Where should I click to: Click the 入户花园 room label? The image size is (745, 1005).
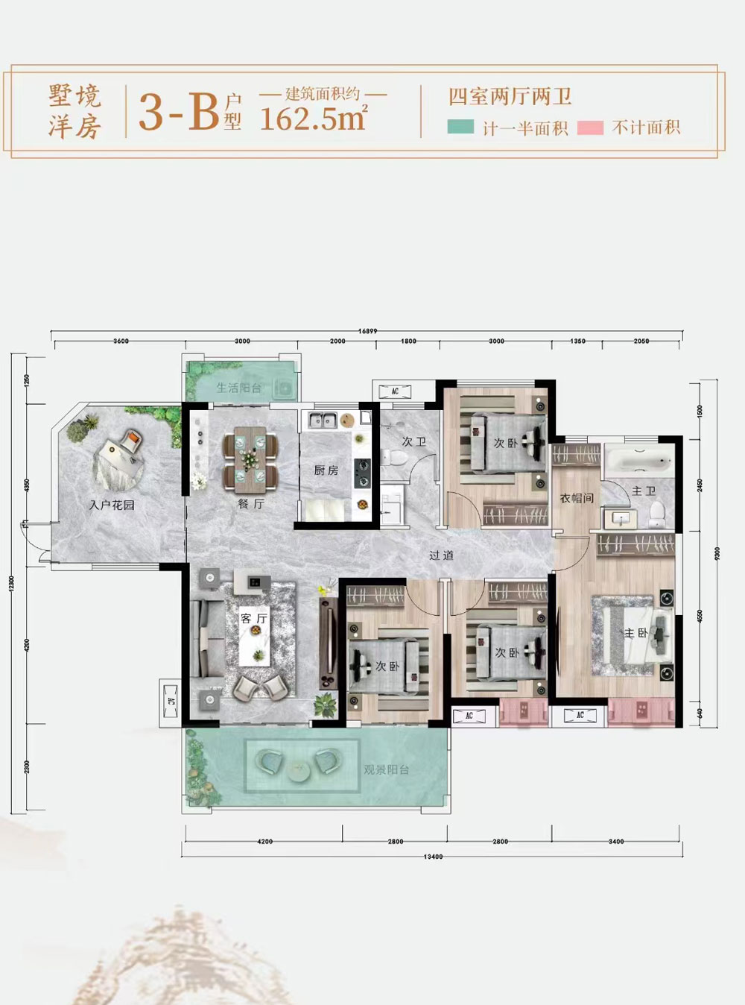[112, 505]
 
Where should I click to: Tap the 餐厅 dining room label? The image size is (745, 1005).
[251, 504]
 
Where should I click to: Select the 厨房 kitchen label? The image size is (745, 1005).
[326, 470]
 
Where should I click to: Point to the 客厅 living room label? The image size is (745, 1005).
[253, 619]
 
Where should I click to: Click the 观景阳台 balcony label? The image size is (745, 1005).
[386, 769]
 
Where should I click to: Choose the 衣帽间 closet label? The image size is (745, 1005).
[577, 497]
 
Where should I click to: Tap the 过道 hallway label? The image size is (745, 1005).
[441, 555]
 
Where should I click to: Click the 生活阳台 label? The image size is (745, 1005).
[238, 388]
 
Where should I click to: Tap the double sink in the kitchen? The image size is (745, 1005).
[323, 420]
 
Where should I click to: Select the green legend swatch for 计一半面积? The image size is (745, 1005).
[460, 127]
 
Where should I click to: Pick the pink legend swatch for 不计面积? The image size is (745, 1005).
[590, 127]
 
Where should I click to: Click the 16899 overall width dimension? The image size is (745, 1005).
[367, 331]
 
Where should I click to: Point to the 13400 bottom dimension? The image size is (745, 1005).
[433, 857]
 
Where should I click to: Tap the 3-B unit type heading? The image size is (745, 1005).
[179, 112]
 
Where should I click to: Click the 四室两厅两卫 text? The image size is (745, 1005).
[510, 96]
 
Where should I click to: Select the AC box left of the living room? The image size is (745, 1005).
[171, 702]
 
